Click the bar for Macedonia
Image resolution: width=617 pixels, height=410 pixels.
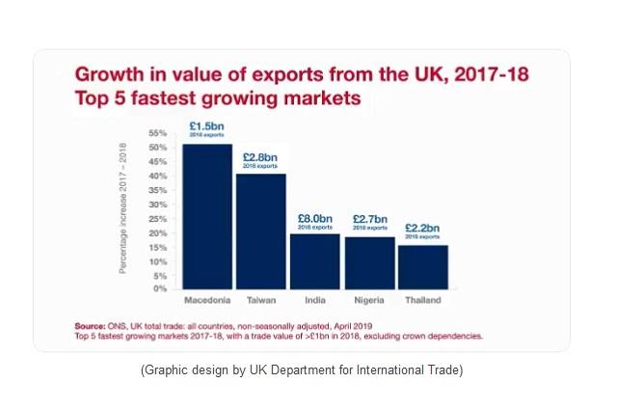point(207,216)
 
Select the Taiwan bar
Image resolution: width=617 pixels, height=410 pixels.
point(260,232)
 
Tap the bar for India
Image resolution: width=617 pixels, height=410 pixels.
point(314,260)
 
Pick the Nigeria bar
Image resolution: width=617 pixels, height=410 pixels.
point(369,262)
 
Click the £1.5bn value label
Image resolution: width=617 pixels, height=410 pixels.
point(207,126)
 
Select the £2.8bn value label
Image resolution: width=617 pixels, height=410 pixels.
point(260,157)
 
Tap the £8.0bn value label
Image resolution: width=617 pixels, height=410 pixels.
point(314,218)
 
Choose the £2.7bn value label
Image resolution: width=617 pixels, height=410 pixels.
point(369,219)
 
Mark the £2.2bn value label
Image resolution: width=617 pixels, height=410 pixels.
point(422,228)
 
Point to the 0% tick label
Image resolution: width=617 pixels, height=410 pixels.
point(161,288)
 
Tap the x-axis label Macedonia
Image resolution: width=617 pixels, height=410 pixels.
point(207,301)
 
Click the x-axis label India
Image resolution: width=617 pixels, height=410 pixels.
point(314,301)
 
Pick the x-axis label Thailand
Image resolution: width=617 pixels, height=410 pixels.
point(422,301)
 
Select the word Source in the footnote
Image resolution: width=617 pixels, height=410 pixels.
point(93,325)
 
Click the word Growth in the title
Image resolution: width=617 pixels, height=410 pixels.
point(109,74)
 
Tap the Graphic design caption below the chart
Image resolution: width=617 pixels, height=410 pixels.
point(302,370)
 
